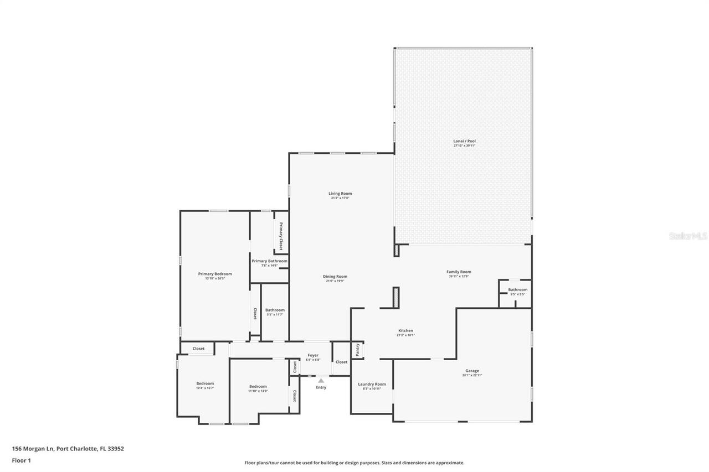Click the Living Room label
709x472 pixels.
click(x=340, y=194)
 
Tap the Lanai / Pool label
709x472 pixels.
click(x=464, y=141)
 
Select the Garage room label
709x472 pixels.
click(x=472, y=371)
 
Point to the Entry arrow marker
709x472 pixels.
click(x=321, y=380)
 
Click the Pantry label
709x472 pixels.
click(x=358, y=350)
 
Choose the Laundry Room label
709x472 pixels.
click(x=372, y=384)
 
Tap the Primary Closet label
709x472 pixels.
click(x=281, y=236)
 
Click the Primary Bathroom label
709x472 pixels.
click(x=269, y=261)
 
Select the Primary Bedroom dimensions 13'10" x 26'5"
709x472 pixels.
click(x=215, y=278)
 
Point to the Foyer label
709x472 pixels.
click(x=313, y=355)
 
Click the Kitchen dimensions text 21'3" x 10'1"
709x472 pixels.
click(x=405, y=335)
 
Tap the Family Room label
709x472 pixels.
click(x=459, y=272)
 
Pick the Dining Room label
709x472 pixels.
click(x=335, y=277)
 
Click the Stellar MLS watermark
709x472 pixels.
click(x=688, y=236)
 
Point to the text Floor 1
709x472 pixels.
click(x=21, y=460)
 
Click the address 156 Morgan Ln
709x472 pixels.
click(x=33, y=449)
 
